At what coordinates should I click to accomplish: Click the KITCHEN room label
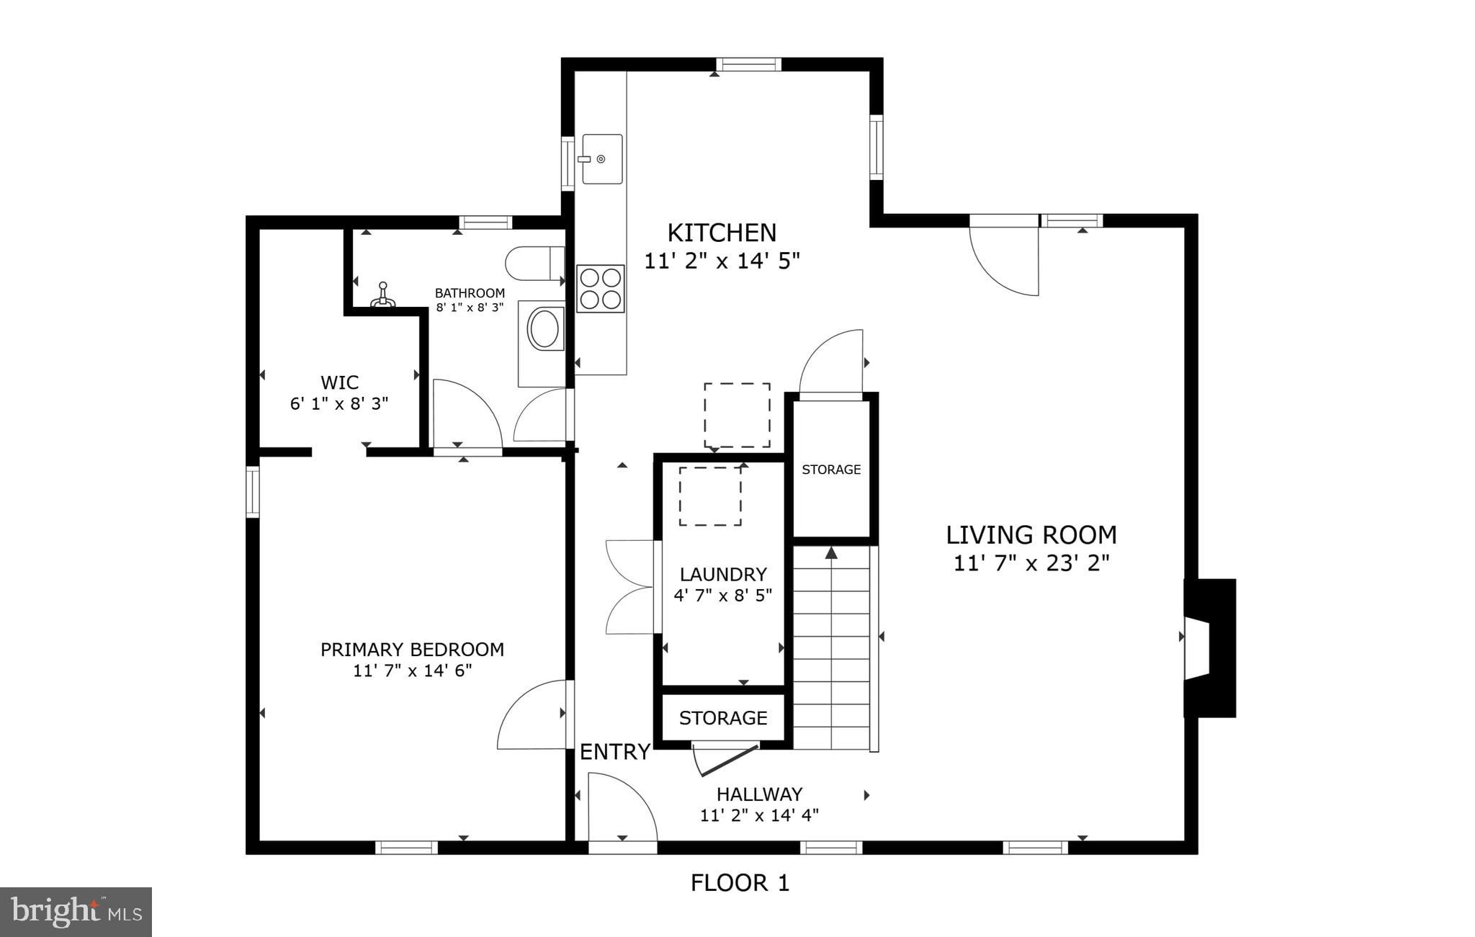point(722,233)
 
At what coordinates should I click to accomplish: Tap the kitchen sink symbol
point(602,158)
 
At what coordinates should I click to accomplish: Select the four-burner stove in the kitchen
point(600,289)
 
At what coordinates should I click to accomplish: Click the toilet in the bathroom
point(534,264)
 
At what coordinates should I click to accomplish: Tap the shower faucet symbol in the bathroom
point(383,296)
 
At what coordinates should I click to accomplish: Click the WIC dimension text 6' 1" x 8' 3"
point(339,404)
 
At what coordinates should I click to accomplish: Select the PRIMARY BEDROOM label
point(412,650)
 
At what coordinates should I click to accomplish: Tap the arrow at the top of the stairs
point(832,553)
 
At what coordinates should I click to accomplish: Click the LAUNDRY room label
point(723,575)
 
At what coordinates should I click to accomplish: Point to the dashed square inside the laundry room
point(710,496)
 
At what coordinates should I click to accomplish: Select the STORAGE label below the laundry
point(723,718)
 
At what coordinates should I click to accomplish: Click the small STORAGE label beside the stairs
point(831,470)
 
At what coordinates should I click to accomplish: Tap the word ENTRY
point(615,752)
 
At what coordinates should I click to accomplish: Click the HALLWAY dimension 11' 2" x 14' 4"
point(759,815)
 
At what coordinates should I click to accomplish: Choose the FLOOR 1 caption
point(740,883)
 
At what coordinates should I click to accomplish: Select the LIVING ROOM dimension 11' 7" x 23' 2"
point(1031,563)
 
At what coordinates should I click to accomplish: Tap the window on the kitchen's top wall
point(748,65)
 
